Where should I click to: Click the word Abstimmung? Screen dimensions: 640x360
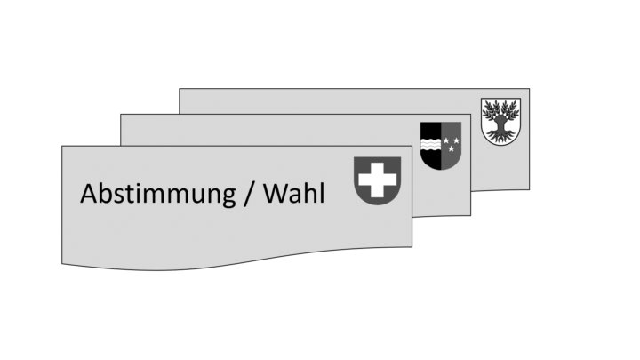tap(157, 195)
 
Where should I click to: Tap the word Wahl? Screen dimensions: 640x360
tap(294, 193)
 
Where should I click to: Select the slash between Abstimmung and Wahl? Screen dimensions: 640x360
tap(249, 194)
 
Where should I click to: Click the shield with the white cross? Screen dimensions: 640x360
tap(377, 180)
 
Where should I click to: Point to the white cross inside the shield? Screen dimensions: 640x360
tap(377, 180)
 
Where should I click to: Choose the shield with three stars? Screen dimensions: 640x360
tap(441, 145)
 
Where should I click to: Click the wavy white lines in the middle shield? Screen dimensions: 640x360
tap(430, 145)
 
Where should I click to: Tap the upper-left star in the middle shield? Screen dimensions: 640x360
tap(446, 140)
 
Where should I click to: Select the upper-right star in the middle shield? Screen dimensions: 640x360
tap(456, 140)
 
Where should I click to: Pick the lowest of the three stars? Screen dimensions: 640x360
tap(451, 149)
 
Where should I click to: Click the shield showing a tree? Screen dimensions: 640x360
tap(500, 121)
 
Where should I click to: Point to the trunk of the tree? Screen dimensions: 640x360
tap(500, 124)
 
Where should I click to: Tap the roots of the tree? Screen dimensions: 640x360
tap(500, 136)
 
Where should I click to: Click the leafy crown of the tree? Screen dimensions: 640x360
tap(500, 109)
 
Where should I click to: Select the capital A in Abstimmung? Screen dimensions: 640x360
tap(89, 194)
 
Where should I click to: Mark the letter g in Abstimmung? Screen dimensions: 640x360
tap(228, 198)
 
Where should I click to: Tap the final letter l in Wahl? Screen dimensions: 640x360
tap(323, 193)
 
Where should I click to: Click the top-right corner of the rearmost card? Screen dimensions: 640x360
tap(530, 89)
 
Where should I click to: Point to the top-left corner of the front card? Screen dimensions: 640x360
tap(62, 146)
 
